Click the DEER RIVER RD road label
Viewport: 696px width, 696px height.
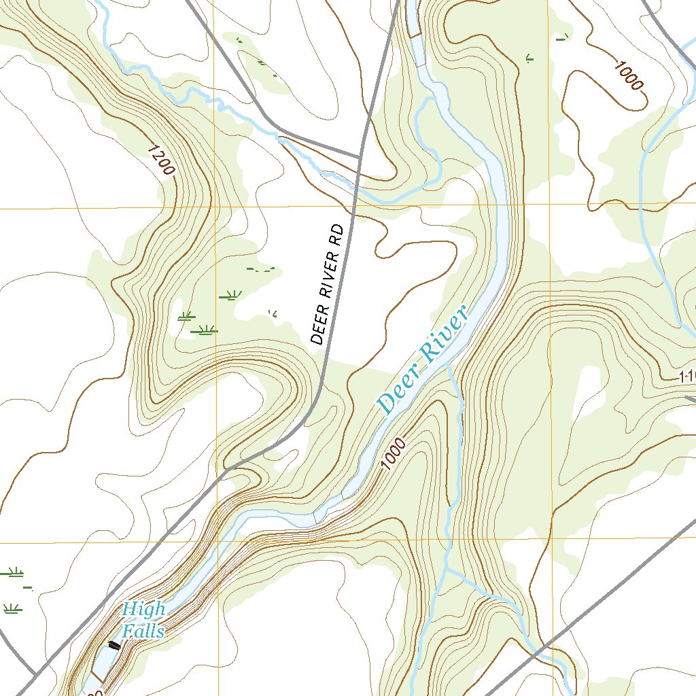click(x=327, y=284)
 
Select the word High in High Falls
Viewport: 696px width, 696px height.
click(x=143, y=610)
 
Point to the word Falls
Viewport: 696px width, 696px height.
click(x=143, y=631)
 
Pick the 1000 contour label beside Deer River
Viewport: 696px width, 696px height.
click(x=394, y=455)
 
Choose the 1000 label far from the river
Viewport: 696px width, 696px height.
click(x=627, y=75)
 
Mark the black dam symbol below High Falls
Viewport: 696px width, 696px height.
click(x=114, y=646)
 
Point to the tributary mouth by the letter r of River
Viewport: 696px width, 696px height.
click(x=449, y=366)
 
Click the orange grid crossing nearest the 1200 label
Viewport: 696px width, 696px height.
click(x=215, y=207)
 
